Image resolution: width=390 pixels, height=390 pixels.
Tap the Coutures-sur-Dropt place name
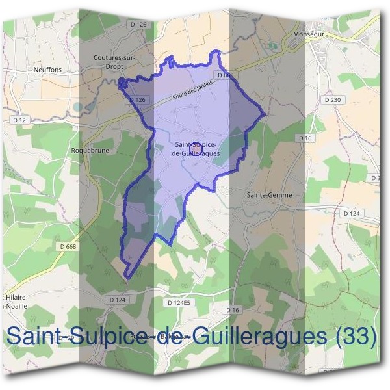click(x=113, y=60)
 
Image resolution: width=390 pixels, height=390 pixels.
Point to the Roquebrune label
click(x=84, y=149)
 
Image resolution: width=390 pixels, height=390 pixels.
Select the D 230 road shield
click(x=331, y=99)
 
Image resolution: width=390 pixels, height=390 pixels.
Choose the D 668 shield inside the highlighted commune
click(x=226, y=75)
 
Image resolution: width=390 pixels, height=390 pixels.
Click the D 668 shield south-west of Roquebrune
click(x=68, y=246)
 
